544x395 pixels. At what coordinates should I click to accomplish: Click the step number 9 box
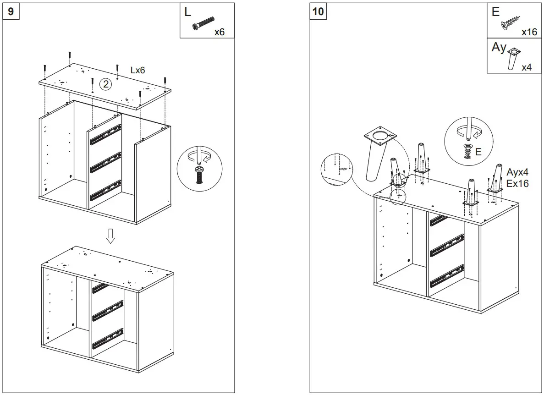point(11,11)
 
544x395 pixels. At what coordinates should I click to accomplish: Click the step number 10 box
point(318,11)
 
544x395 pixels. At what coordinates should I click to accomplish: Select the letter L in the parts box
point(188,12)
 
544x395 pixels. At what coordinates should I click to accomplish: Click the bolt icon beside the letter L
point(203,23)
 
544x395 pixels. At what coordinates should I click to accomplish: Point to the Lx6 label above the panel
point(138,71)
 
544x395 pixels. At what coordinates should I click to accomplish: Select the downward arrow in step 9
point(110,236)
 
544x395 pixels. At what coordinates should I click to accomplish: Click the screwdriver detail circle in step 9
point(199,169)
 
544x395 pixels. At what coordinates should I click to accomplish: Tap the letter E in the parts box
point(496,12)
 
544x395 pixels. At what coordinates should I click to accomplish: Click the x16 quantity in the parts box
point(529,32)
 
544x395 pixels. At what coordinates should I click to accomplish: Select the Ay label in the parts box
point(499,47)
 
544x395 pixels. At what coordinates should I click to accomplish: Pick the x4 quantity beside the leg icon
point(527,67)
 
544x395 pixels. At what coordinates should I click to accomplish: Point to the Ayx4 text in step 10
point(517,173)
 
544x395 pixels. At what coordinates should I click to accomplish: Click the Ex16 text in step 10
point(517,183)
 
